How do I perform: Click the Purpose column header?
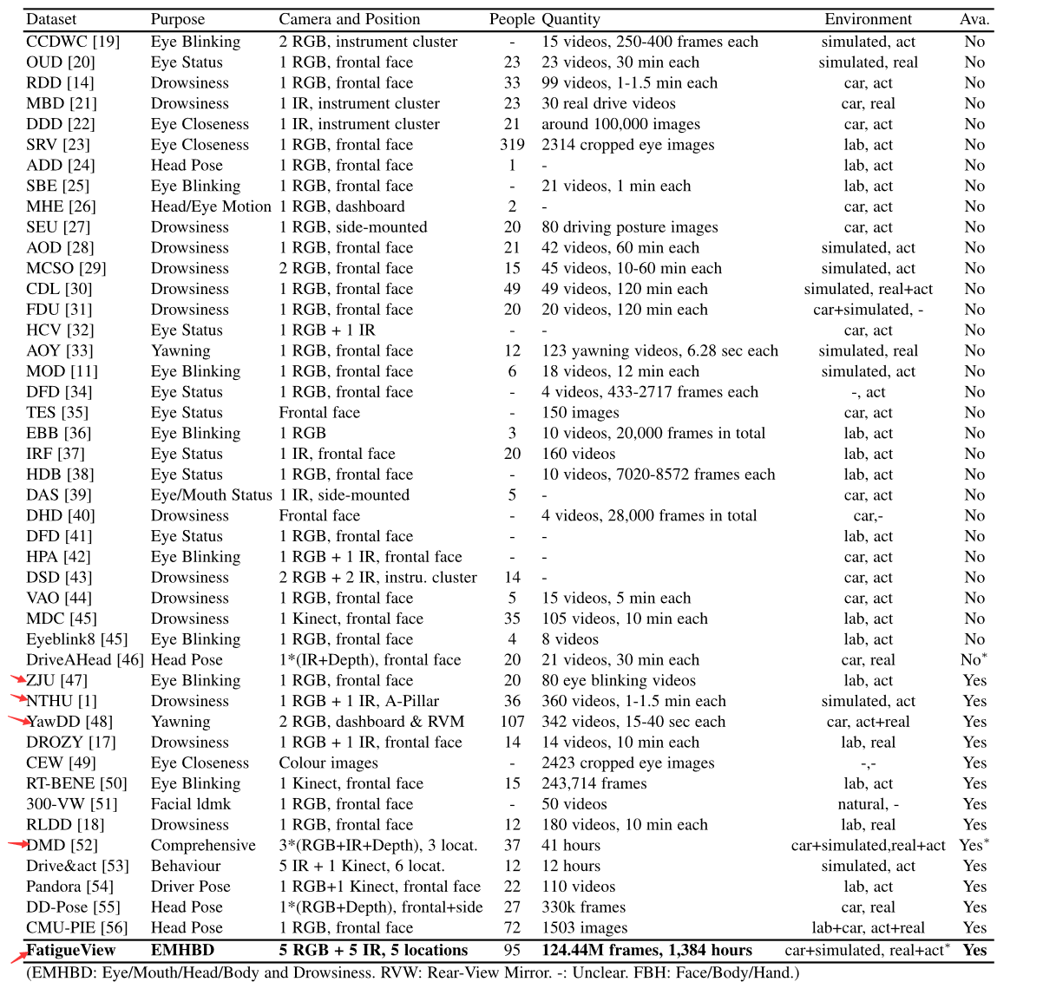coord(178,19)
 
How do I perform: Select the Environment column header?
coord(868,19)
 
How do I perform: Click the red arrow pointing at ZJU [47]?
coord(17,679)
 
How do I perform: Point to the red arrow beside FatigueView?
coord(17,956)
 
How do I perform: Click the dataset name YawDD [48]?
coord(70,722)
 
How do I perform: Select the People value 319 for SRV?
coord(512,145)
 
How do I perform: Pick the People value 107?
coord(512,722)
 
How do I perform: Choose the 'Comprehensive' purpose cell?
coord(203,845)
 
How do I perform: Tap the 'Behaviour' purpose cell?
coord(186,866)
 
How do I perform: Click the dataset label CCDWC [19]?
coord(73,42)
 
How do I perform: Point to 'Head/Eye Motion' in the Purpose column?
coord(211,206)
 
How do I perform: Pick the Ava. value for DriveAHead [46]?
coord(974,659)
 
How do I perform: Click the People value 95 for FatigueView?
coord(512,950)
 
